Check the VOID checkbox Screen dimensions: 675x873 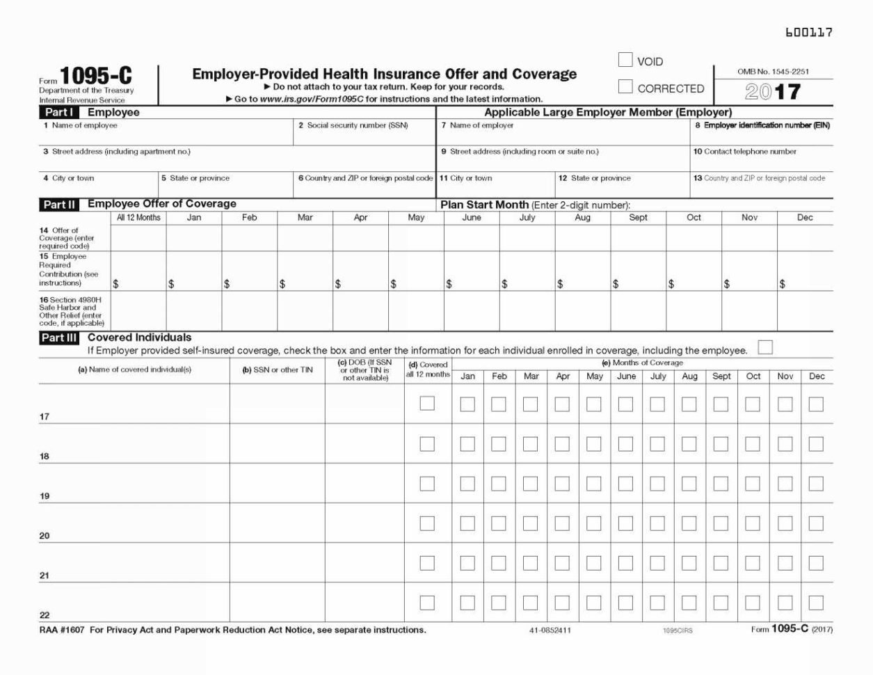tap(625, 61)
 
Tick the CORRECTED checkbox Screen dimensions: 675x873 tap(625, 87)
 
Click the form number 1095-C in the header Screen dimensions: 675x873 tap(95, 77)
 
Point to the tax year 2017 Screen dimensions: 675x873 tap(773, 92)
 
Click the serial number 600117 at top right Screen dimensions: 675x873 tap(808, 32)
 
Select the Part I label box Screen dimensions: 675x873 tap(58, 112)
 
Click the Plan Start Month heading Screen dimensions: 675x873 tap(484, 205)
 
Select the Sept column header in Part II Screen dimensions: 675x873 tap(638, 218)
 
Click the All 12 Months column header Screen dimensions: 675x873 tap(138, 218)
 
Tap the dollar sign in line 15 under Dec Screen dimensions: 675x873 tap(783, 284)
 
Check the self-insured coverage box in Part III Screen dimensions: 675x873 tap(765, 347)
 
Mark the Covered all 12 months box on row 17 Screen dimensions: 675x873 tap(427, 404)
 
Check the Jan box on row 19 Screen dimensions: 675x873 tap(467, 484)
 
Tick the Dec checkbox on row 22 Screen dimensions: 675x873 tap(816, 603)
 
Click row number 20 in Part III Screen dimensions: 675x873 tap(45, 536)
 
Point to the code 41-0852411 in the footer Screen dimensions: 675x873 tap(550, 630)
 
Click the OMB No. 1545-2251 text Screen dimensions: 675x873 tap(773, 72)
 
